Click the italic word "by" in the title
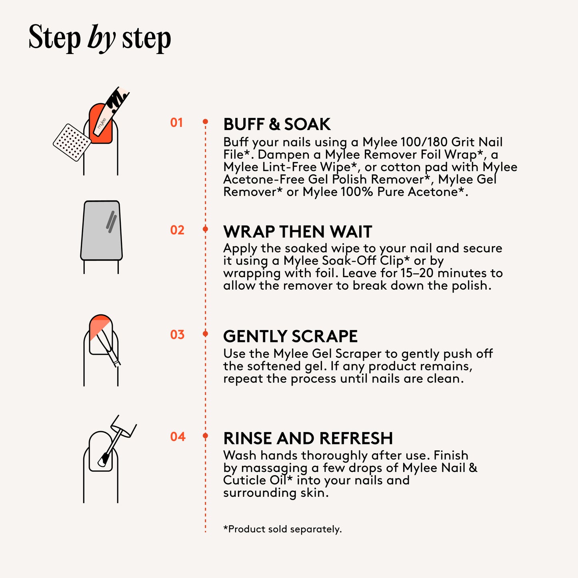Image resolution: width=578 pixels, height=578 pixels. (x=101, y=39)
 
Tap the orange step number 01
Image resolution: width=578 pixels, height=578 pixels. (x=176, y=123)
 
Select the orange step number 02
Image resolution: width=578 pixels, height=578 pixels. (x=177, y=230)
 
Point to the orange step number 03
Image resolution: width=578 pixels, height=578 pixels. (x=177, y=334)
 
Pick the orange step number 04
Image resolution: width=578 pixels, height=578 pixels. (x=178, y=436)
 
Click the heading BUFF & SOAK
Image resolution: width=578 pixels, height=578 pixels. (x=277, y=124)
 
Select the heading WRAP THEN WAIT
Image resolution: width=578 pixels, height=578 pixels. (x=298, y=232)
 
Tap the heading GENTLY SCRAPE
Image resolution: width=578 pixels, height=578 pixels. (x=290, y=336)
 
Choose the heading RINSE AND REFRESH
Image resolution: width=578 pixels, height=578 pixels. (x=308, y=438)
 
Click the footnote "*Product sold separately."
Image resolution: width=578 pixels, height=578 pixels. (x=282, y=529)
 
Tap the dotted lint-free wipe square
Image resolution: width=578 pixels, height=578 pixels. (x=72, y=142)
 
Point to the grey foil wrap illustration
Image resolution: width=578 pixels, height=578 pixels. (x=101, y=230)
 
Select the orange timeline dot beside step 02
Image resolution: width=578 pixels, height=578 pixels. (x=205, y=229)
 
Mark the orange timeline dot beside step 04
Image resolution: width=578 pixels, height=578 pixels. (x=205, y=435)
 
